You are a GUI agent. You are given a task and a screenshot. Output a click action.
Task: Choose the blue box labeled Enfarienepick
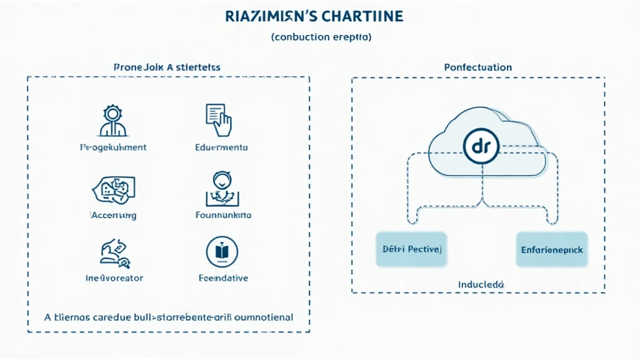click(551, 249)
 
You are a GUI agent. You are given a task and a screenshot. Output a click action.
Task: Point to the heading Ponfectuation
click(477, 67)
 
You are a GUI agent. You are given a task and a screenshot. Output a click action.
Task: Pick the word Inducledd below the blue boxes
click(481, 284)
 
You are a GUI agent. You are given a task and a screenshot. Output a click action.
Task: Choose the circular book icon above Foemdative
click(222, 251)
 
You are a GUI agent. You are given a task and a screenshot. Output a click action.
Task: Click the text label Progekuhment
click(113, 148)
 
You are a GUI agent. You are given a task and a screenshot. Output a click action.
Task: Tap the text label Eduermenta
click(221, 148)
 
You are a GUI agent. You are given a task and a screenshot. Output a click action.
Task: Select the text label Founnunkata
click(222, 215)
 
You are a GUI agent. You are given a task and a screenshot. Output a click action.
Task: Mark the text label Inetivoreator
click(114, 277)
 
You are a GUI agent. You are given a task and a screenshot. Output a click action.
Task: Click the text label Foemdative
click(222, 277)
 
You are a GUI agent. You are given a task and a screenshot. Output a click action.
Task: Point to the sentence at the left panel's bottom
click(168, 317)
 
